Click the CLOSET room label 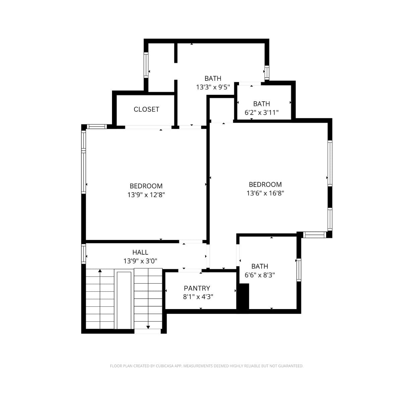pos(146,109)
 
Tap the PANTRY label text pos(197,288)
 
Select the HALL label pos(140,252)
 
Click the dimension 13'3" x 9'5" pos(213,87)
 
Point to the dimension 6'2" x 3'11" pos(261,113)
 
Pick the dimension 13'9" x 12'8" pos(146,195)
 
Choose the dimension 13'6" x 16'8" pos(265,193)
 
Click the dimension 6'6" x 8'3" pos(260,275)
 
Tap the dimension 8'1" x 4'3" pos(198,297)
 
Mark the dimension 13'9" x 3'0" pos(140,261)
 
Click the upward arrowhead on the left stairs pos(100,271)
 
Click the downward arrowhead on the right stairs pos(148,327)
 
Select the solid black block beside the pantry pos(243,297)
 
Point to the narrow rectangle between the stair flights pos(124,300)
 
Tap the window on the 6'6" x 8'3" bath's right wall pos(299,270)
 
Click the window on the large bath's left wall pos(146,65)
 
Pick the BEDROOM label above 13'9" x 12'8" pos(146,186)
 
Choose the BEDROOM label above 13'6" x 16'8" pos(265,184)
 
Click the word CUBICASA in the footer pos(165,366)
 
